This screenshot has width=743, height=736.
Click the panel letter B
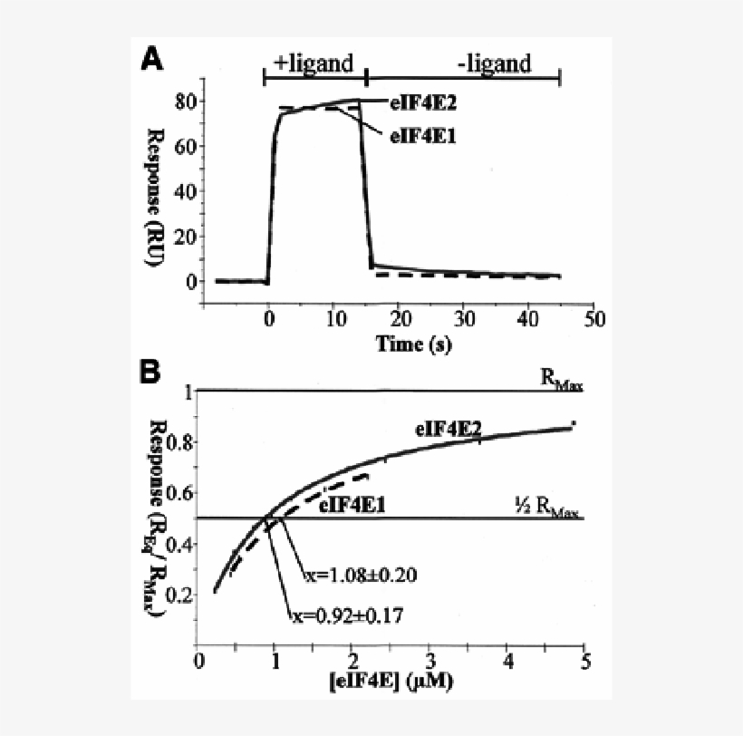(150, 371)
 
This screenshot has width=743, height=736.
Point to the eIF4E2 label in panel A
(423, 102)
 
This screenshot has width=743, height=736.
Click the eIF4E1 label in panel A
(423, 136)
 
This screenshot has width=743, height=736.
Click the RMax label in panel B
(562, 382)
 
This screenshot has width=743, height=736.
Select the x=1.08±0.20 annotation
(359, 575)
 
